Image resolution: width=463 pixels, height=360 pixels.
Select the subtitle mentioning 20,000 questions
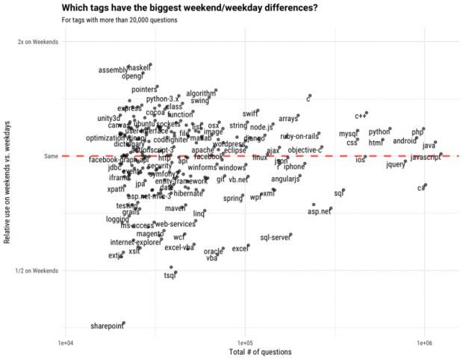(119, 19)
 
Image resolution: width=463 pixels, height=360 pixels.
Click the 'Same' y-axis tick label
(51, 156)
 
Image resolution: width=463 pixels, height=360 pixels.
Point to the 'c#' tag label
(421, 188)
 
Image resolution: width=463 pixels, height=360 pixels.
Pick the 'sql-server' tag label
(275, 238)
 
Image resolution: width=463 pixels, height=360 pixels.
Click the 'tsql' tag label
(170, 276)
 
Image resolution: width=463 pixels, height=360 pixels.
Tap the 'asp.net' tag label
(319, 211)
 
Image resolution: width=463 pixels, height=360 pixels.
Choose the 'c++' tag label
(361, 116)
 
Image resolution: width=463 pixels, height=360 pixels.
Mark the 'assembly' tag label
(114, 71)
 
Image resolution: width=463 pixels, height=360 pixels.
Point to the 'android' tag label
(405, 140)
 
